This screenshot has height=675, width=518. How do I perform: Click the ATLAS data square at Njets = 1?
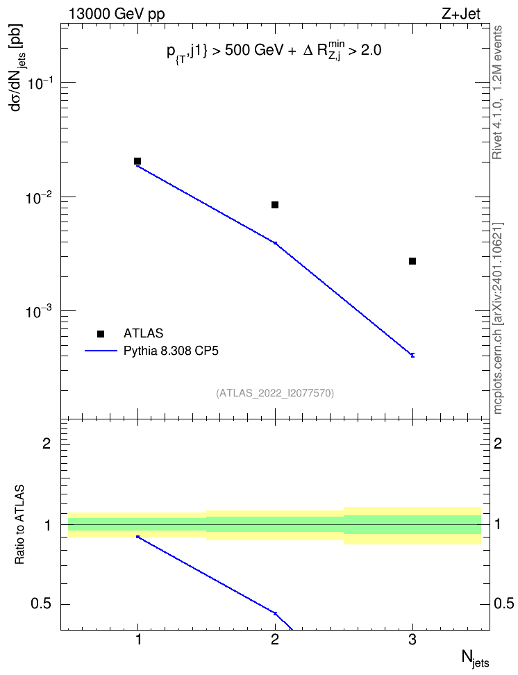tap(137, 161)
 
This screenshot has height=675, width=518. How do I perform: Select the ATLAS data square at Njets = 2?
tap(275, 204)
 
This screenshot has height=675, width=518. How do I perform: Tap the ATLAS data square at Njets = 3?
tap(412, 261)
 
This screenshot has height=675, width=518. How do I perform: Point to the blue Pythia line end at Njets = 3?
tap(412, 355)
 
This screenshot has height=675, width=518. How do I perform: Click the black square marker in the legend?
tap(101, 333)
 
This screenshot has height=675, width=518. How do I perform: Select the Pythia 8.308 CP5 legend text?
tap(171, 351)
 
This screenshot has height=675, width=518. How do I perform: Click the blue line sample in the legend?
tap(101, 351)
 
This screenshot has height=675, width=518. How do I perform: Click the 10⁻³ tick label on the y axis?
tap(39, 311)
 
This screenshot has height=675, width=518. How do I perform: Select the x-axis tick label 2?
tap(275, 640)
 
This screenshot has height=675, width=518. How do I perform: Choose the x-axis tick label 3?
tap(412, 640)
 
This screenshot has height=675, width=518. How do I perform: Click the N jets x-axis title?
tap(476, 658)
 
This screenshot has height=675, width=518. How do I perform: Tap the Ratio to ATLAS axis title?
tap(19, 525)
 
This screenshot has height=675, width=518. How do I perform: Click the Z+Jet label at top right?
tap(461, 14)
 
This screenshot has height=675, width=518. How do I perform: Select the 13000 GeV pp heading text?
tap(117, 15)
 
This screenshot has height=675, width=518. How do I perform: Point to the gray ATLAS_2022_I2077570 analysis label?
tap(275, 392)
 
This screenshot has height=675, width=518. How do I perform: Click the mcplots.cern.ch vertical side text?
tap(498, 319)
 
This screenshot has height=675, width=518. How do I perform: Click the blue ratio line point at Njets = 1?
tap(137, 536)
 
